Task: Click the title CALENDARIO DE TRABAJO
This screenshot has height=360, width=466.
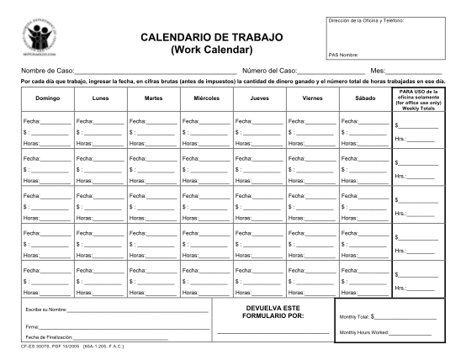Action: pos(210,39)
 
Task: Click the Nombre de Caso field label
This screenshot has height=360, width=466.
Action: pos(47,71)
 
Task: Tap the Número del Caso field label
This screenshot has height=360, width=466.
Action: pos(270,71)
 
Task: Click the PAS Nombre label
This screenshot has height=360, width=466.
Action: pos(342,56)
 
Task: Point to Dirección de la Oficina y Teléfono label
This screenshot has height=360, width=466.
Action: pos(365,19)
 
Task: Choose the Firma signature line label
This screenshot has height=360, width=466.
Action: pos(34,326)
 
